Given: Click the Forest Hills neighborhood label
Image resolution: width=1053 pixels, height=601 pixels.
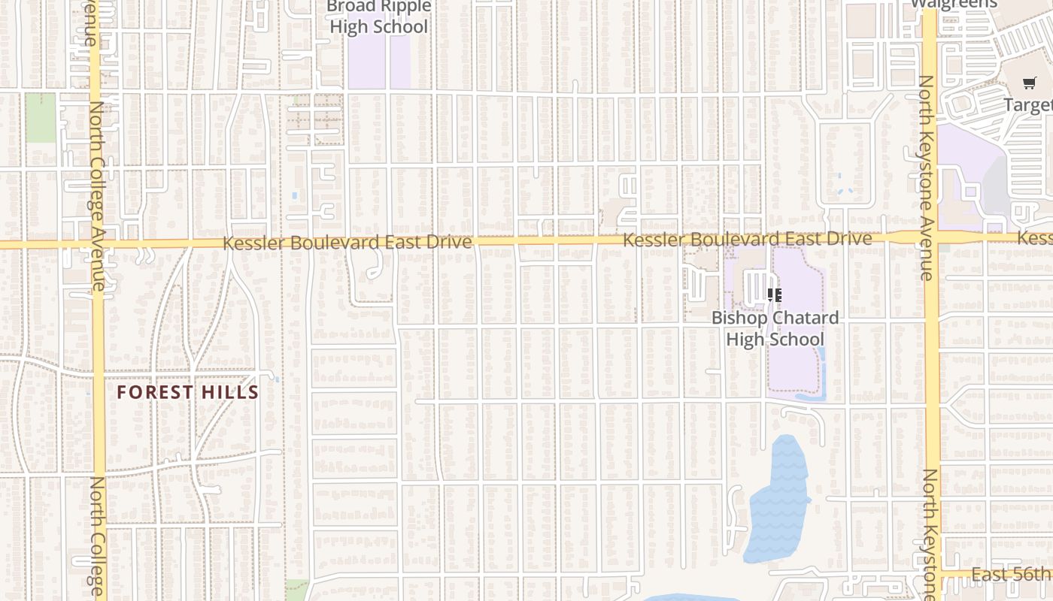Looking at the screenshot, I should point(187,392).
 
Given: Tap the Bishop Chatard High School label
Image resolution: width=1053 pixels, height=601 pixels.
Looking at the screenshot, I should point(775,328).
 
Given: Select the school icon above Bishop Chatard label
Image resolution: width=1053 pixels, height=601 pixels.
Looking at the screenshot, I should point(775,295).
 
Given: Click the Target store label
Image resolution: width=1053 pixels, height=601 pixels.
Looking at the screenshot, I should point(1027,104).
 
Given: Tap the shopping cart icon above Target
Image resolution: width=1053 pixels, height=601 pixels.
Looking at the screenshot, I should point(1029,83).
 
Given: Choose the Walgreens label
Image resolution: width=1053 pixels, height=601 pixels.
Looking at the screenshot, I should point(954,4).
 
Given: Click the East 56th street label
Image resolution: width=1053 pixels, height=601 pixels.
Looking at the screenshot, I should point(1011,575).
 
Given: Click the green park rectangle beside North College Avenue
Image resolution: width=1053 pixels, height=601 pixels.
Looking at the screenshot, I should point(41,118).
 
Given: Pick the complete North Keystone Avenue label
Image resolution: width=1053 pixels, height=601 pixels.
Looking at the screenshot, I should point(927,178).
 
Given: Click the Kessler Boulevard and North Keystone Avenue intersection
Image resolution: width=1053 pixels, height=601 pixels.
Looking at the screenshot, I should point(930,240).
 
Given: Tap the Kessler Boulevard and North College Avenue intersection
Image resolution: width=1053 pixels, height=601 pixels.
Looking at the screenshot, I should point(99,244).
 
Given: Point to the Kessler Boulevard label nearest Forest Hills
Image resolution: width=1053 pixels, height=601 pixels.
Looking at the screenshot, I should point(347,243).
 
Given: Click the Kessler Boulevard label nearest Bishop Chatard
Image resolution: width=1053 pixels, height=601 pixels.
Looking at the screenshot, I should point(748,239).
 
